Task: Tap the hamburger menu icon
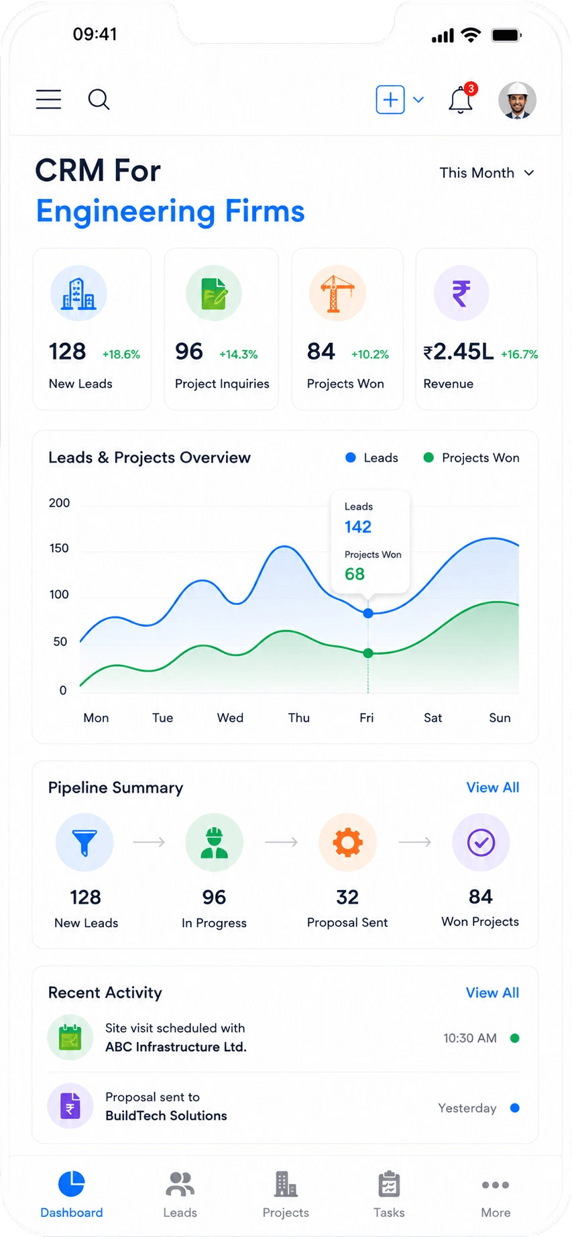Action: (x=48, y=99)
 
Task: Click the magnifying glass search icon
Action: (x=99, y=99)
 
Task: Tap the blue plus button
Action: (x=390, y=100)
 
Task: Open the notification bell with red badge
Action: (x=461, y=99)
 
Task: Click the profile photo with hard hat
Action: (x=517, y=101)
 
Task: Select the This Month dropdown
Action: (x=487, y=173)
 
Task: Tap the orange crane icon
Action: (x=337, y=293)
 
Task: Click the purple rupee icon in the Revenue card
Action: (x=461, y=293)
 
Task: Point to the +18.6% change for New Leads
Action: (x=121, y=354)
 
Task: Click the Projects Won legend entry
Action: (x=471, y=458)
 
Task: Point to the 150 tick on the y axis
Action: (x=59, y=548)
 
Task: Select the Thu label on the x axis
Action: (x=299, y=718)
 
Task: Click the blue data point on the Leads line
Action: (x=368, y=613)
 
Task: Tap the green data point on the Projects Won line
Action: (x=368, y=653)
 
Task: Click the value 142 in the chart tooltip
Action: (x=358, y=527)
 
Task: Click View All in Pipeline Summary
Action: (x=493, y=788)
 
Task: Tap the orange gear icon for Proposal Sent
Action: (x=347, y=843)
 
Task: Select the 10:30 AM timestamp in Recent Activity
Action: (x=470, y=1038)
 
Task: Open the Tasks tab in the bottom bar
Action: (x=389, y=1194)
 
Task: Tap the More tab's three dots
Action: (x=496, y=1185)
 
